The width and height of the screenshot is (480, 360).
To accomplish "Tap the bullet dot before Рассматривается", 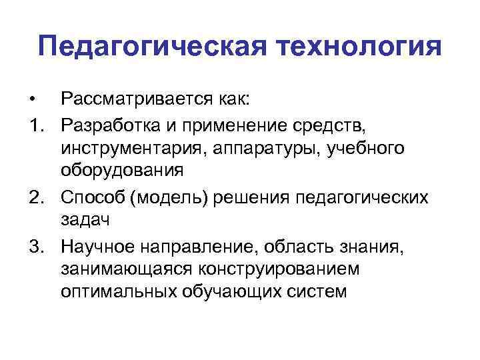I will pyautogui.click(x=32, y=101).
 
